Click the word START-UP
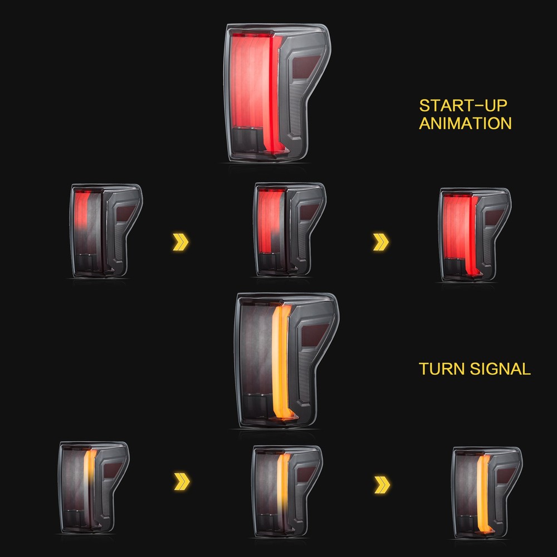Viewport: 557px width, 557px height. coord(455,105)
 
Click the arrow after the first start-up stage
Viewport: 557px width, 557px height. coord(181,242)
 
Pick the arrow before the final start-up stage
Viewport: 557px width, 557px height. coord(382,242)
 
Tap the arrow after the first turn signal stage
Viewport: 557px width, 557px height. coord(182,480)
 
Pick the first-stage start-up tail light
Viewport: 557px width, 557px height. coord(106,230)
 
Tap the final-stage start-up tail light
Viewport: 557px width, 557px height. coord(474,232)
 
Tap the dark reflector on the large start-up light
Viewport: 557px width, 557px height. coord(305,66)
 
